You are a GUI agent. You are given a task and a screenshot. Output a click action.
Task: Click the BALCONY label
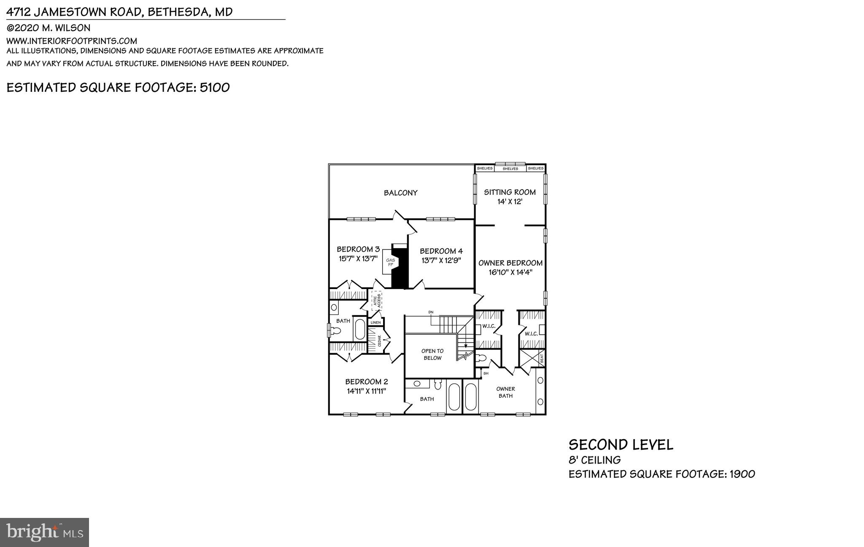(400, 193)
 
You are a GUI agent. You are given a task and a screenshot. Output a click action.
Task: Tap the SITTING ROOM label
(510, 192)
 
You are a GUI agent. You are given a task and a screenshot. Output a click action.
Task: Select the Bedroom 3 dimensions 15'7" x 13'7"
(358, 259)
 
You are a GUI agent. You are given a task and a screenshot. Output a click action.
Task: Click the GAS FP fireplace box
(390, 263)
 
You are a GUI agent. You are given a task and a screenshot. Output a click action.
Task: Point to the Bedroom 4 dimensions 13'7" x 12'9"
(441, 260)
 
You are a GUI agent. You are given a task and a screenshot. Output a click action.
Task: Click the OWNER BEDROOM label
(510, 263)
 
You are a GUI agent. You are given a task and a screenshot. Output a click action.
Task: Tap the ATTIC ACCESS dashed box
(376, 300)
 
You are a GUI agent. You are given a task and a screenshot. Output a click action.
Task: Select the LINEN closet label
(375, 323)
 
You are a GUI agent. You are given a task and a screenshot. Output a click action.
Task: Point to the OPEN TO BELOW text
(432, 354)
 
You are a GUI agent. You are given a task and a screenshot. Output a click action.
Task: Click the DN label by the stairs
(431, 312)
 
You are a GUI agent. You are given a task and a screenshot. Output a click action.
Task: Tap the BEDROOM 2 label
(366, 382)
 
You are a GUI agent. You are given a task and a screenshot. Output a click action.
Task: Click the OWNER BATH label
(505, 392)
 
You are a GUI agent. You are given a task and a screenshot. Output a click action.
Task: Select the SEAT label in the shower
(542, 359)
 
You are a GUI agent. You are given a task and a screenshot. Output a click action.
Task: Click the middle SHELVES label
(510, 169)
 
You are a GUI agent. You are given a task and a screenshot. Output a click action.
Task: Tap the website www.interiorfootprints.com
(72, 41)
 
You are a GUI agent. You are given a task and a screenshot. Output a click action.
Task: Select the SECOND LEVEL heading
(621, 445)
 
